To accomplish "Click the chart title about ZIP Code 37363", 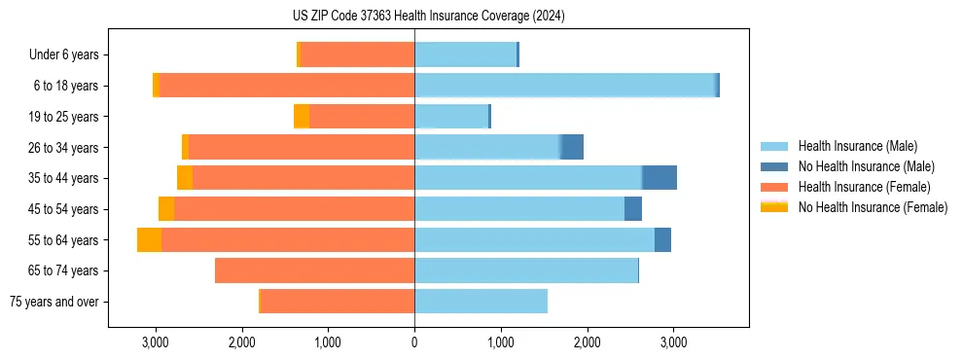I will (x=428, y=17).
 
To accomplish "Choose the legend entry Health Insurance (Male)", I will (x=857, y=146).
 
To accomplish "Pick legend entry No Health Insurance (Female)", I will (x=873, y=207).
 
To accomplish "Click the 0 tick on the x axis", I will (x=414, y=342).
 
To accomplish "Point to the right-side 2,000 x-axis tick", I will (x=587, y=342).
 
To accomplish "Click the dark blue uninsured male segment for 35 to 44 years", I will (x=660, y=178).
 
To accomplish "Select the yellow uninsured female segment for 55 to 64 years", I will (x=149, y=239).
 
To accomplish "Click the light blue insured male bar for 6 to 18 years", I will (x=564, y=86).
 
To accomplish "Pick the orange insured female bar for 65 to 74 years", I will (x=314, y=270).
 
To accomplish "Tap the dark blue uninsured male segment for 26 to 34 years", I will (x=572, y=147).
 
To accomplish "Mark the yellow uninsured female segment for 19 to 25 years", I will (x=302, y=117).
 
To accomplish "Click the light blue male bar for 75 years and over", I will (x=481, y=302).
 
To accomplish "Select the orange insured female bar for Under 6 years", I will (x=357, y=55).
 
